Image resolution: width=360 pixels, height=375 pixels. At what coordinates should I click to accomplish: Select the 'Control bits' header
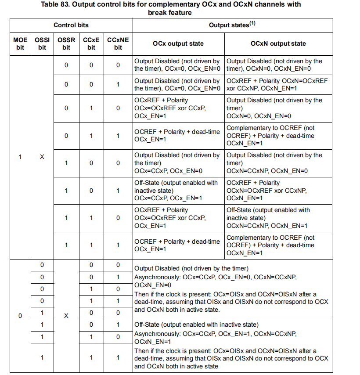coord(71,25)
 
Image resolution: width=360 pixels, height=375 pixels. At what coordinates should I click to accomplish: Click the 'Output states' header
coord(229,25)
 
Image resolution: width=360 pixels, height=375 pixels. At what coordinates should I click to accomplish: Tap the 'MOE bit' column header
coord(20,44)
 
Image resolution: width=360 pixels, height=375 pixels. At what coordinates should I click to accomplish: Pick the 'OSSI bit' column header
coord(42,44)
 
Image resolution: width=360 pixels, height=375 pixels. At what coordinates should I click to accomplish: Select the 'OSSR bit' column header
coord(66,44)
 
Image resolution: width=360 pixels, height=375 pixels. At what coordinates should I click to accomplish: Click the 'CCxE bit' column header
coord(91,44)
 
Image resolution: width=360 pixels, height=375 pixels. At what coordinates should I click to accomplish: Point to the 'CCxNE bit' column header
coord(118,44)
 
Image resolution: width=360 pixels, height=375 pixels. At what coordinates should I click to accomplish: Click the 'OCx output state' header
coord(178,44)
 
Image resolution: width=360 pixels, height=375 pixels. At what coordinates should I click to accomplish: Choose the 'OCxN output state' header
coord(278,44)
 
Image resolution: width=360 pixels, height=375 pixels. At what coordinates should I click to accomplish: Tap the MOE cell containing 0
coord(20,316)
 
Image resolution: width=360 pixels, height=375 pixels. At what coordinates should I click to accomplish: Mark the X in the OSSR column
coord(66,316)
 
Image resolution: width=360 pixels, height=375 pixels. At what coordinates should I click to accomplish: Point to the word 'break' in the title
coord(158,12)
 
